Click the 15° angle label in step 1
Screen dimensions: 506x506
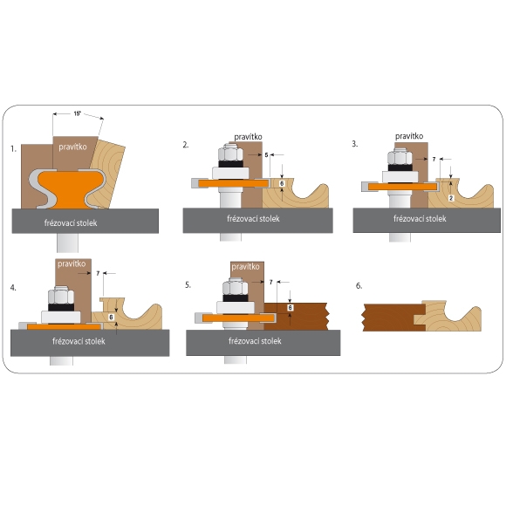click(78, 113)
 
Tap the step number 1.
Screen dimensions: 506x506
click(13, 149)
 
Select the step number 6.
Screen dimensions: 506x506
click(359, 286)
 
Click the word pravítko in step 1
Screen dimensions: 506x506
click(72, 147)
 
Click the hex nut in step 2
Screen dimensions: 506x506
click(230, 153)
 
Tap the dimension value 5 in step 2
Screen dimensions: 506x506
click(266, 155)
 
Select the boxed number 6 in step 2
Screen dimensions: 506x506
click(282, 183)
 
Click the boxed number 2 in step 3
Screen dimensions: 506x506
click(451, 198)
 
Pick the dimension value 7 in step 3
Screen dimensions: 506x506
click(434, 159)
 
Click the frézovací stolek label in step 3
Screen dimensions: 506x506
click(420, 219)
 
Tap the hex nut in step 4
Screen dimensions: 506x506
click(61, 295)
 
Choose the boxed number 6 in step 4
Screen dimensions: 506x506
click(111, 318)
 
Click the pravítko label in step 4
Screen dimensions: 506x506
click(72, 264)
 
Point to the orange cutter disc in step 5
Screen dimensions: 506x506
click(238, 318)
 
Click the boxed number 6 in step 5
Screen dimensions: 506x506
click(291, 308)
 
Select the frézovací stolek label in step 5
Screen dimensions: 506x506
click(255, 341)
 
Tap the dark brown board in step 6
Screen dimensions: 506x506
click(392, 318)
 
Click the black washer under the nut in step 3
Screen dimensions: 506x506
click(400, 168)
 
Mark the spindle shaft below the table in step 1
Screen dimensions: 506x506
click(67, 243)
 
